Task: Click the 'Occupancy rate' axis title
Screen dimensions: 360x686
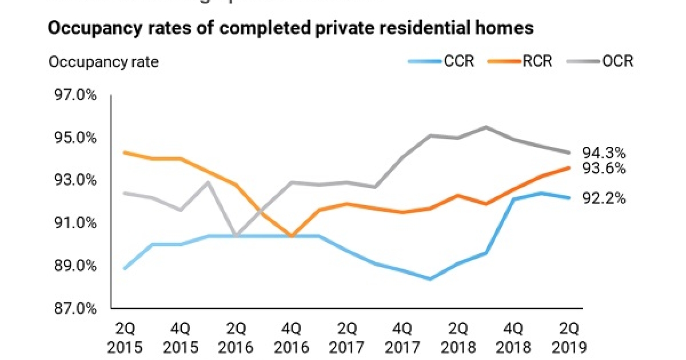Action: [x=103, y=62]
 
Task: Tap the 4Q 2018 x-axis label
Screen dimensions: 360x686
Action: [x=514, y=338]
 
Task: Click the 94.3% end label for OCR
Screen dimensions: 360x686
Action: [x=604, y=153]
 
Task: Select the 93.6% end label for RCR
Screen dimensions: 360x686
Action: [x=604, y=169]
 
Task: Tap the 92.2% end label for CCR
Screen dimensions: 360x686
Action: [x=604, y=199]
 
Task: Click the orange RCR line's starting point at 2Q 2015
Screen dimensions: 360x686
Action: [x=125, y=153]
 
